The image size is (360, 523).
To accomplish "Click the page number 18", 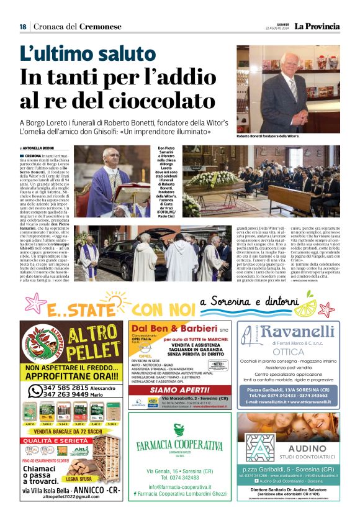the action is pos(22,27).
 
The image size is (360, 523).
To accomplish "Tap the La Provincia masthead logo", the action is pos(317,26).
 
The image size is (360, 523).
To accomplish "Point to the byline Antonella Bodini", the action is pos(38,147).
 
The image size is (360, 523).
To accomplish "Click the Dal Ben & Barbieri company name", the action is pos(175,329).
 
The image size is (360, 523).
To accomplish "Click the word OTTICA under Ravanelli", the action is pos(288,352).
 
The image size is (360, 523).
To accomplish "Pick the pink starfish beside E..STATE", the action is pos(38,303).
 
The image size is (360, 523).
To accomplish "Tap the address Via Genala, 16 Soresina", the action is pos(179,471).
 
